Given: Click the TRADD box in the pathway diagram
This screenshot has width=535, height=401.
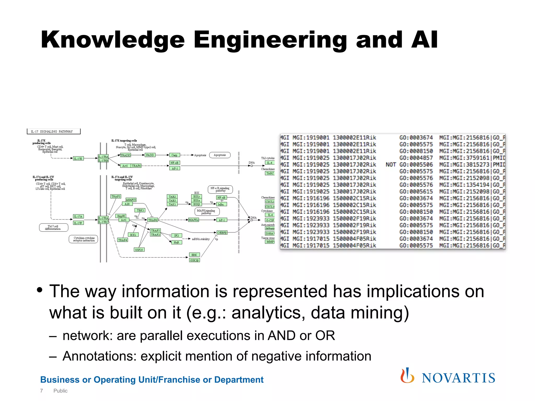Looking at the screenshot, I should [125, 155].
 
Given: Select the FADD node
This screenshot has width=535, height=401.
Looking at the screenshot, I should [150, 155].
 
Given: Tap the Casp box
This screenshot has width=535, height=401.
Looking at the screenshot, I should [174, 155].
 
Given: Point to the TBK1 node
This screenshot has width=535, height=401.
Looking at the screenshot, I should [140, 210].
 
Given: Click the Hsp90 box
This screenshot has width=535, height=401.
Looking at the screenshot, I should [121, 216].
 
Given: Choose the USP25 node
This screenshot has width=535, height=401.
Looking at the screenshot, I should [139, 250].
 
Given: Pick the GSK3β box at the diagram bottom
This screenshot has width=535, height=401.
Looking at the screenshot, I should [194, 260].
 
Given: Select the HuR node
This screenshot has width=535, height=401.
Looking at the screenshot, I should [176, 242].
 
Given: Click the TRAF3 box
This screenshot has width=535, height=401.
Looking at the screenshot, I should [116, 196].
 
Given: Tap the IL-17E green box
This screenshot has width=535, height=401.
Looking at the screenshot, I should [78, 158].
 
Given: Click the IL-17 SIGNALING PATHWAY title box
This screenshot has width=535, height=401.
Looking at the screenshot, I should [54, 131].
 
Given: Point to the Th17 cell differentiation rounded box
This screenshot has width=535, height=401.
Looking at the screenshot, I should [53, 228].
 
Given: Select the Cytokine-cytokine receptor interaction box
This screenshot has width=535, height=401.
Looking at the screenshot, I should [84, 239].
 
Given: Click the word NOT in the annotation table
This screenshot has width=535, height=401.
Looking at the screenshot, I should [391, 165].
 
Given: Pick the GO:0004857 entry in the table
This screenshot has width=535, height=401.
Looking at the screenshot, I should [416, 158].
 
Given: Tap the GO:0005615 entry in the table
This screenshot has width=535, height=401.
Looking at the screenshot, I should [416, 192].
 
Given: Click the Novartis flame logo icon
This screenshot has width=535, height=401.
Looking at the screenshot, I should [407, 376].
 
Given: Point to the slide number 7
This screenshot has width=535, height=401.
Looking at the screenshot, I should [42, 391].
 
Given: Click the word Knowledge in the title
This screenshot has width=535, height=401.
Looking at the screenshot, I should [113, 40].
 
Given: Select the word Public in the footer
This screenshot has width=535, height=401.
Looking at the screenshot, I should [60, 391].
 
